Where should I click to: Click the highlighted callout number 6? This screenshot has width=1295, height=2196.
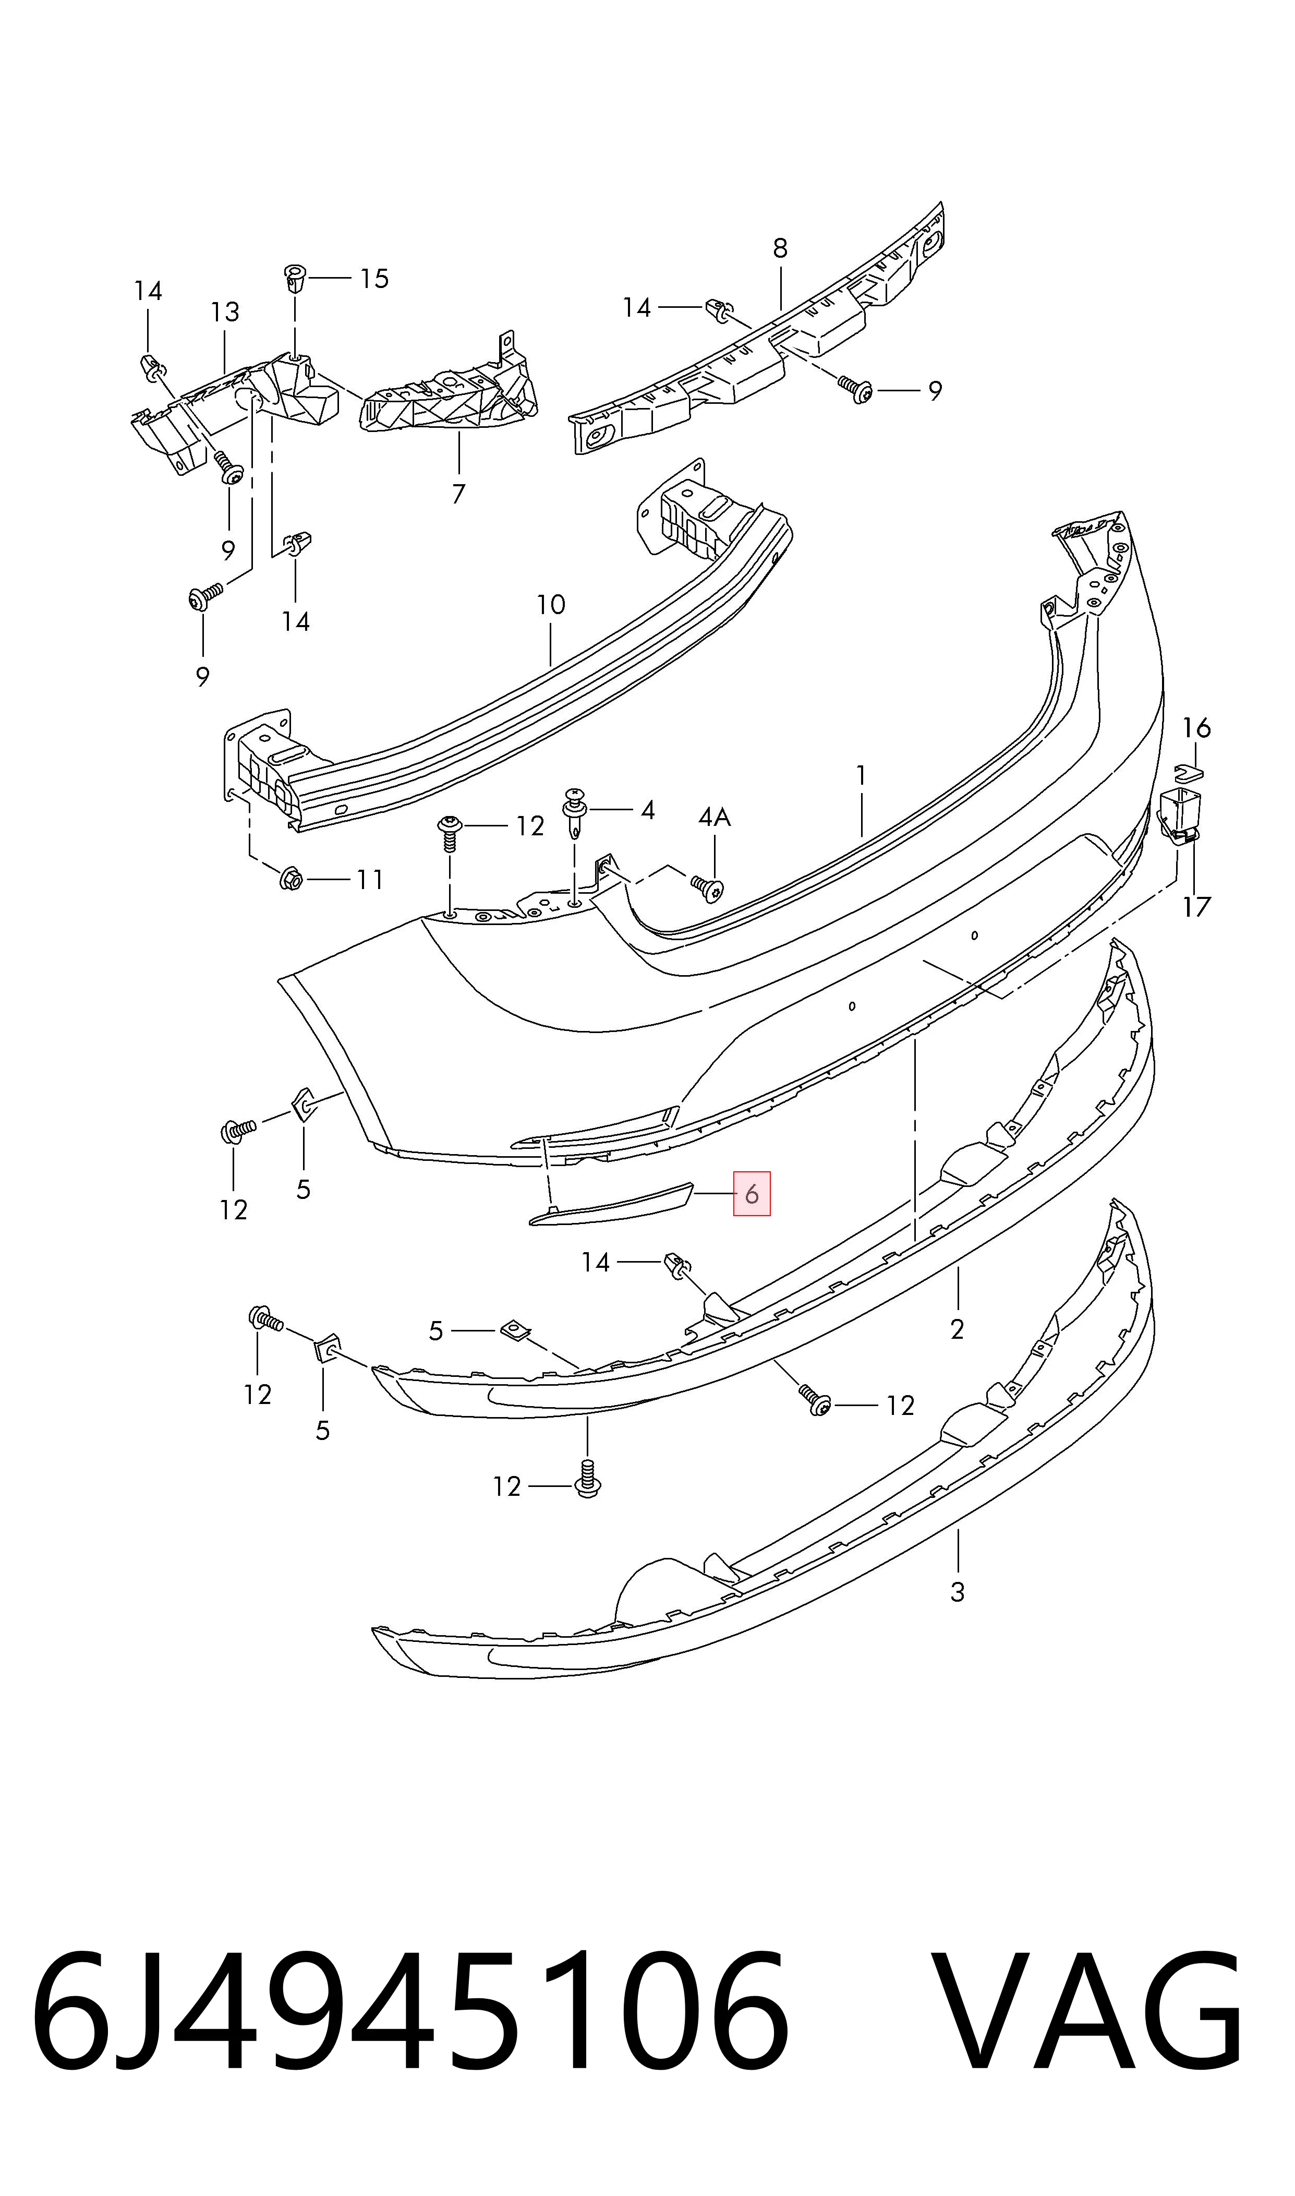752,1193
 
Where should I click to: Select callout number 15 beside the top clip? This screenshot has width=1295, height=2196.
374,279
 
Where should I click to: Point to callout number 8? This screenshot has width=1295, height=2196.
780,249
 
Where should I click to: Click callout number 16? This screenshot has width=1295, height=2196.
1196,727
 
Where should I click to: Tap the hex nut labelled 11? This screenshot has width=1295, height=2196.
293,880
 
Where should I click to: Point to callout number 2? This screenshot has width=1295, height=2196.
957,1329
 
